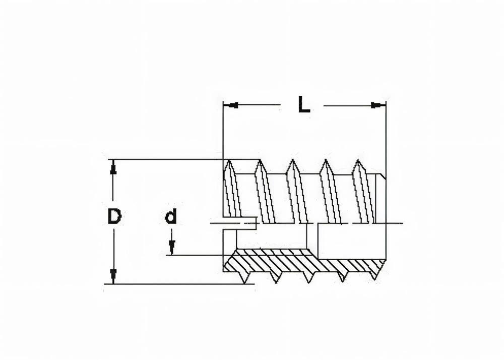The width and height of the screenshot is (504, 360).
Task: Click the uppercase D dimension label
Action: [x=114, y=217]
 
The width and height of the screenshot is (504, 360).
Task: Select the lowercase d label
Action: [x=171, y=217]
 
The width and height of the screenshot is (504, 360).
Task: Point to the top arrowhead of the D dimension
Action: [x=113, y=167]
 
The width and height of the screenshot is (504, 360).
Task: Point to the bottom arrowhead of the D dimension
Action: [x=113, y=275]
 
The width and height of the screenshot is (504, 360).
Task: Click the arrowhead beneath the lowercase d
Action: [x=171, y=247]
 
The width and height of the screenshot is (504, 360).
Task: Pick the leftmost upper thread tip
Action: [x=229, y=162]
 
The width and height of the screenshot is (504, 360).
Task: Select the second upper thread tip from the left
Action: [x=259, y=162]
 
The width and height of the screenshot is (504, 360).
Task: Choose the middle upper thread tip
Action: [x=292, y=162]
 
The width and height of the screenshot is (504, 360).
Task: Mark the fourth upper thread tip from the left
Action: [x=325, y=162]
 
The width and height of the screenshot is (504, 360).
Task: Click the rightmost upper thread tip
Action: [x=358, y=162]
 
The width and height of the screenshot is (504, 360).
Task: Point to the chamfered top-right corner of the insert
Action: [x=382, y=176]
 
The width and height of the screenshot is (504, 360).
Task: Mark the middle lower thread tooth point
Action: [x=309, y=280]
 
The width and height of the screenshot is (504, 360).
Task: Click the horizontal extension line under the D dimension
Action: [x=176, y=284]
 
